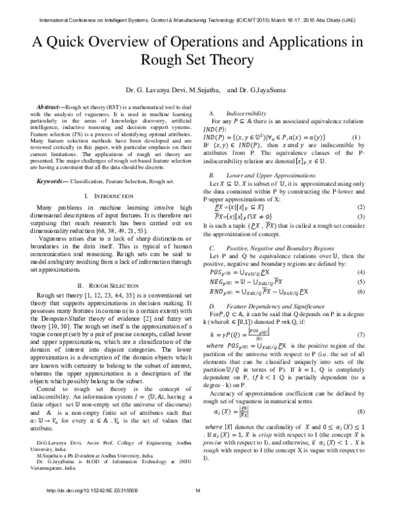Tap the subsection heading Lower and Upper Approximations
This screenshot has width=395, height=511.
pyautogui.click(x=267, y=176)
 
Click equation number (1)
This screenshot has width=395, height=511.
pyautogui.click(x=355, y=137)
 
